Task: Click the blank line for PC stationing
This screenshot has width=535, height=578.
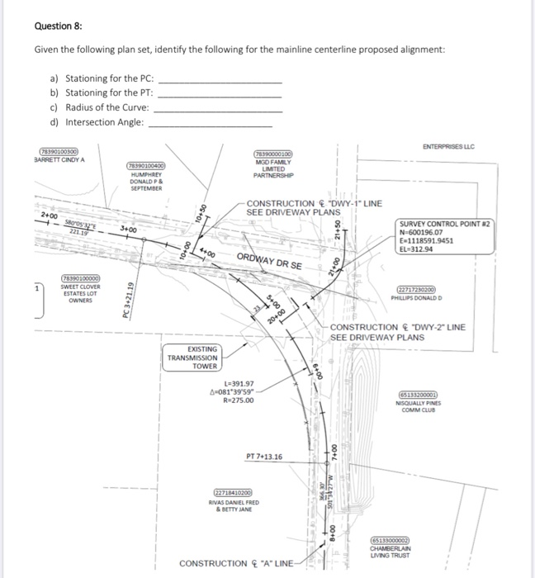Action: coord(219,80)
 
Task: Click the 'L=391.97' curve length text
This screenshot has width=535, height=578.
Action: coord(237,383)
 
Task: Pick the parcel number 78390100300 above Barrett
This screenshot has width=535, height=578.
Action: coord(59,151)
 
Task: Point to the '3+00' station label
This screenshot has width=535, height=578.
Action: coord(128,229)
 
